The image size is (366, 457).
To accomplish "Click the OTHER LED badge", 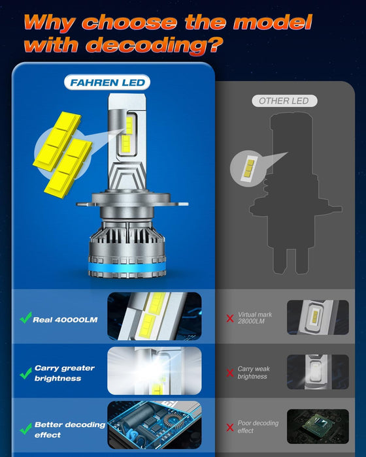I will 284,101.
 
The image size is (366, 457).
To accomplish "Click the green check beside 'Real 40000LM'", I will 25,319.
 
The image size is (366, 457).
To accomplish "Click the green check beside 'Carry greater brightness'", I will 25,373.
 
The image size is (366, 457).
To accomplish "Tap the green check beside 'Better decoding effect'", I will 25,430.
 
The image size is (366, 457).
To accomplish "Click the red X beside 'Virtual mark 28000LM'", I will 230,319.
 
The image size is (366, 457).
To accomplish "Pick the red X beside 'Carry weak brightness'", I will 230,373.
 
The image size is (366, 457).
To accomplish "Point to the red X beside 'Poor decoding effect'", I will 230,428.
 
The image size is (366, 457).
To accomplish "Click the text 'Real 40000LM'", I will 65,320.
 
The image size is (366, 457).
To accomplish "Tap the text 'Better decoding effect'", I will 70,430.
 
